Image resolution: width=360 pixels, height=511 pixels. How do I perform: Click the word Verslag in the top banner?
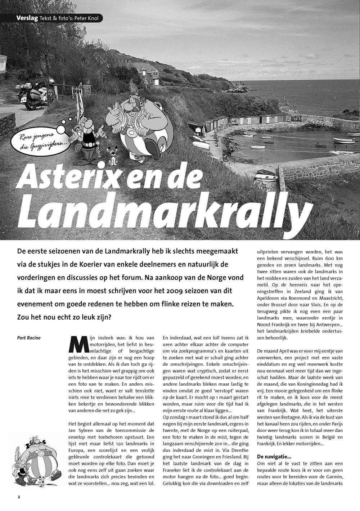pyautogui.click(x=27, y=18)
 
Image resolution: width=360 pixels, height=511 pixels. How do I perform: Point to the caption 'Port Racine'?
pyautogui.click(x=29, y=338)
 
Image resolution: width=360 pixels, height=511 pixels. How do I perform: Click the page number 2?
pyautogui.click(x=19, y=497)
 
